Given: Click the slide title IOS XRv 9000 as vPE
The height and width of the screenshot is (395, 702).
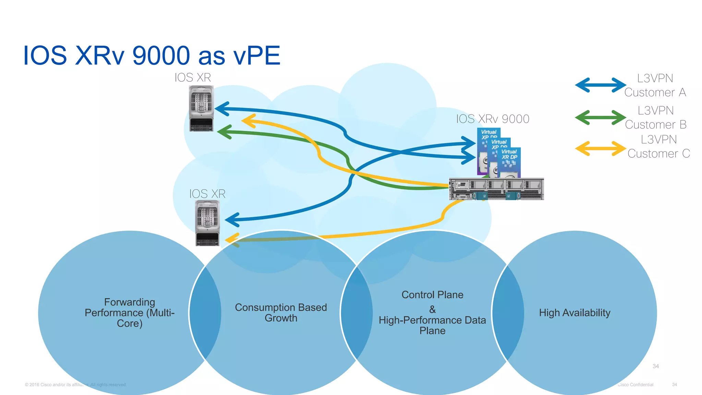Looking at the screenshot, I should click(x=152, y=56).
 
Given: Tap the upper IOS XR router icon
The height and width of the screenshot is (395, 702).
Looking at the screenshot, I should click(x=201, y=108).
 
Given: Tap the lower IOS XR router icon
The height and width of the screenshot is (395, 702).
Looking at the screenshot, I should click(x=207, y=223).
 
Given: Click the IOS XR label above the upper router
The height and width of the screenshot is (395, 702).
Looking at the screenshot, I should click(x=193, y=77).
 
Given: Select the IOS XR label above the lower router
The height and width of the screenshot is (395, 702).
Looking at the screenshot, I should click(x=207, y=194).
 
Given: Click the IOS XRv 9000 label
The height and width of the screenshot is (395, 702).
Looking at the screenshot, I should click(x=493, y=119).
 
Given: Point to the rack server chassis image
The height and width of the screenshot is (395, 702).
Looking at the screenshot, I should click(x=496, y=189).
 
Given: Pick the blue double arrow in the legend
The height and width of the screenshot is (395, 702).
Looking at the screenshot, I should click(x=600, y=85).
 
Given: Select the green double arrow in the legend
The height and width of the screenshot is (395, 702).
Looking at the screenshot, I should click(x=600, y=118).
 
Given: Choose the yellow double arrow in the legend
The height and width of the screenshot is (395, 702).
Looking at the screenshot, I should click(x=600, y=148).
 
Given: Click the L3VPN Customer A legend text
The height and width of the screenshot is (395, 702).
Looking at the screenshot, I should click(x=655, y=85).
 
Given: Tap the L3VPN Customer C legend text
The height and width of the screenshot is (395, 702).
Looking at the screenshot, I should click(x=658, y=146).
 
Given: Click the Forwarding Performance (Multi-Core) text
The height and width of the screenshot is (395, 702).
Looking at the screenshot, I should click(x=130, y=312).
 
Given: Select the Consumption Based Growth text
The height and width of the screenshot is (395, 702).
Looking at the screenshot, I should click(x=281, y=312).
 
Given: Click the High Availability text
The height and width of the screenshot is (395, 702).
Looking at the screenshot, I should click(x=574, y=312).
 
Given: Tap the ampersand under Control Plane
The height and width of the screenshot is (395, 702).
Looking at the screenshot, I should click(x=432, y=309).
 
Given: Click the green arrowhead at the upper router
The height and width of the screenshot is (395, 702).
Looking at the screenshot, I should click(x=224, y=132).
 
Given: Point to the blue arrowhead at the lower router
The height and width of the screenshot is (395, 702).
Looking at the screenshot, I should click(x=231, y=220).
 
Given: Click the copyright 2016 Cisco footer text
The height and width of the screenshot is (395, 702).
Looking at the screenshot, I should click(x=75, y=385).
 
